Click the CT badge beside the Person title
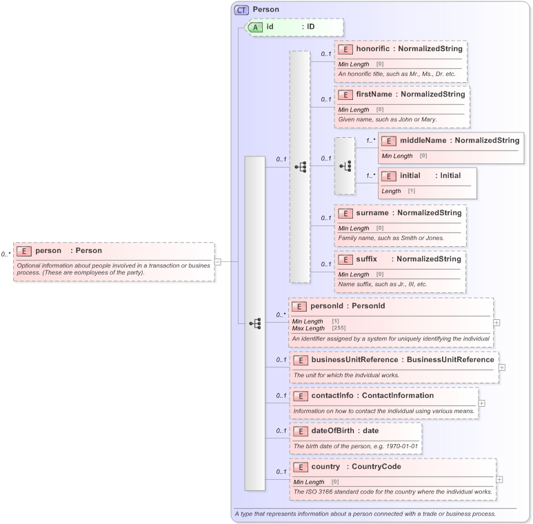(x=241, y=10)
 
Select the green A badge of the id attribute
(x=255, y=27)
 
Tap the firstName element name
(x=374, y=94)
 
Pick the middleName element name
(x=423, y=140)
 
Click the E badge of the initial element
(x=389, y=176)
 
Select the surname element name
(x=372, y=213)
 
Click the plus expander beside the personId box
(x=496, y=322)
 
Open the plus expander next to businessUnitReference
(x=502, y=367)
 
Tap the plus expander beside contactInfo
(x=481, y=403)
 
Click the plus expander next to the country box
(x=499, y=479)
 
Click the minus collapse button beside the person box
(x=217, y=261)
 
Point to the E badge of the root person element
(x=23, y=252)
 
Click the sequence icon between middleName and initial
(x=345, y=166)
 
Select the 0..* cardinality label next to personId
(x=281, y=314)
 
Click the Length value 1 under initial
(x=412, y=191)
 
